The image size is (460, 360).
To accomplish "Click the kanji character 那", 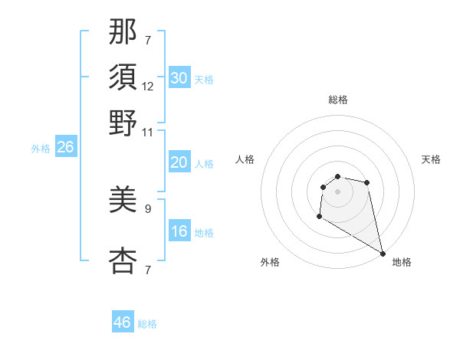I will (123, 32).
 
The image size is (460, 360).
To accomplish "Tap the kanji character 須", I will (123, 77).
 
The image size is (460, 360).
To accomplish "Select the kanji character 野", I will (123, 123).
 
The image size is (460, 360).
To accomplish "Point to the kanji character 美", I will (123, 201).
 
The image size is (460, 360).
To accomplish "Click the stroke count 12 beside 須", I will (148, 87).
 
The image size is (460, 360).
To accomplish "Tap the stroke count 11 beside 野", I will (148, 132).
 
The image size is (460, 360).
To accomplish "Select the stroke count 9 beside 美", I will (148, 208).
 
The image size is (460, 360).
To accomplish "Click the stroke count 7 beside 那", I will (148, 39).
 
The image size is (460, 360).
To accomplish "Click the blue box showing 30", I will (179, 78).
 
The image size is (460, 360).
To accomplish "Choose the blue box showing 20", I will (179, 163).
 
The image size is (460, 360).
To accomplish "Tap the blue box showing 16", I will (179, 232).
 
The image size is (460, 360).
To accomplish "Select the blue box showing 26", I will (65, 148).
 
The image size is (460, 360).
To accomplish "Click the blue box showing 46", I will (123, 322).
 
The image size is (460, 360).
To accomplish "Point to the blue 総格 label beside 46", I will (147, 324).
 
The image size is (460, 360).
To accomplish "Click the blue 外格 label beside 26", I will (40, 149).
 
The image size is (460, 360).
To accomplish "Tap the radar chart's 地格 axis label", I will (402, 262).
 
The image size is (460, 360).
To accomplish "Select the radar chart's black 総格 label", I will (337, 100).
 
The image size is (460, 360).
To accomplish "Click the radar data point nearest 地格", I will (383, 254).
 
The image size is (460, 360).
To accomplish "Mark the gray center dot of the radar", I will (337, 191).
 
